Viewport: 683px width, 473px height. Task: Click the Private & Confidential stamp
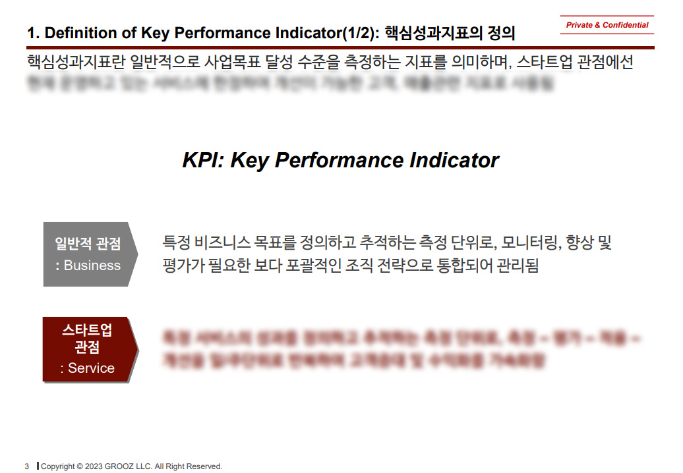pyautogui.click(x=607, y=25)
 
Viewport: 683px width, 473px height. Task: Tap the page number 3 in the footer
pyautogui.click(x=27, y=466)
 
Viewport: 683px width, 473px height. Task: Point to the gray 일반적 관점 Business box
pyautogui.click(x=88, y=254)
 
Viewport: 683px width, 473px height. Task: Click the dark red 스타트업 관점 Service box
pyautogui.click(x=88, y=349)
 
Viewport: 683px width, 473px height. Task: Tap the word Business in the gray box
pyautogui.click(x=92, y=265)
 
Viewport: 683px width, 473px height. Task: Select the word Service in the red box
pyautogui.click(x=92, y=368)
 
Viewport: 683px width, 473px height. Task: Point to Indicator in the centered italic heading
pyautogui.click(x=454, y=160)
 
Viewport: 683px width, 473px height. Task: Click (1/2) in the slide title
pyautogui.click(x=355, y=33)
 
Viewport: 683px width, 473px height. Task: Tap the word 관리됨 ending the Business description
pyautogui.click(x=520, y=266)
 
